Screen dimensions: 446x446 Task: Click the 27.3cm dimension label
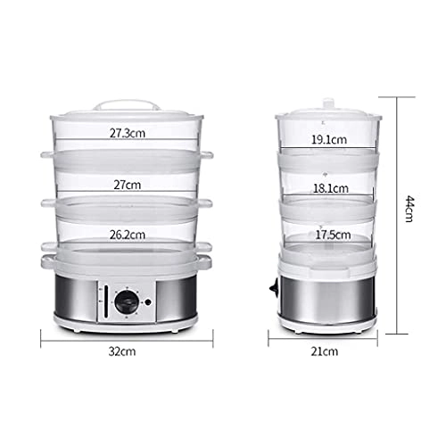[128, 133]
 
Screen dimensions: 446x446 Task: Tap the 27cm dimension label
[128, 185]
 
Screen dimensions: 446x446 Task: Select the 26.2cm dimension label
[128, 235]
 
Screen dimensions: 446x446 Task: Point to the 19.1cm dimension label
[329, 139]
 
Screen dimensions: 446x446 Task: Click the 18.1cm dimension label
[331, 188]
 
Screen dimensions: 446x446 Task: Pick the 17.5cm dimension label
[333, 235]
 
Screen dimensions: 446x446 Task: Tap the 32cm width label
[122, 351]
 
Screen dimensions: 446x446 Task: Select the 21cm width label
[325, 351]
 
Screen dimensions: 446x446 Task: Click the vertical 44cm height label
[410, 209]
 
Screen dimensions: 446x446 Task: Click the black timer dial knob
[127, 302]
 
